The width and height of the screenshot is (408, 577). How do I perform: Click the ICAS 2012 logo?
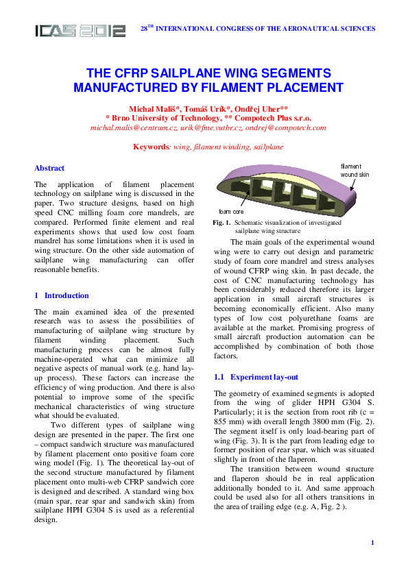(81, 31)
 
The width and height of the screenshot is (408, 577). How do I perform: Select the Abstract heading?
(49, 168)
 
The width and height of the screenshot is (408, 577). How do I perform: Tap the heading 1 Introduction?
(62, 295)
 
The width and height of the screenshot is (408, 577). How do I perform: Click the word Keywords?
(150, 147)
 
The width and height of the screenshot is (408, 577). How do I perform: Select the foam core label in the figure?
(231, 212)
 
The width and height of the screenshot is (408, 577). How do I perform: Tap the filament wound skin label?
(355, 171)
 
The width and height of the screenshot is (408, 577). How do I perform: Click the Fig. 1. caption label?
(221, 223)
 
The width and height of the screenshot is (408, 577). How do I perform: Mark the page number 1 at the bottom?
(372, 543)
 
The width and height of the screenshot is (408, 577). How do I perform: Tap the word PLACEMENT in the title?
(299, 87)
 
